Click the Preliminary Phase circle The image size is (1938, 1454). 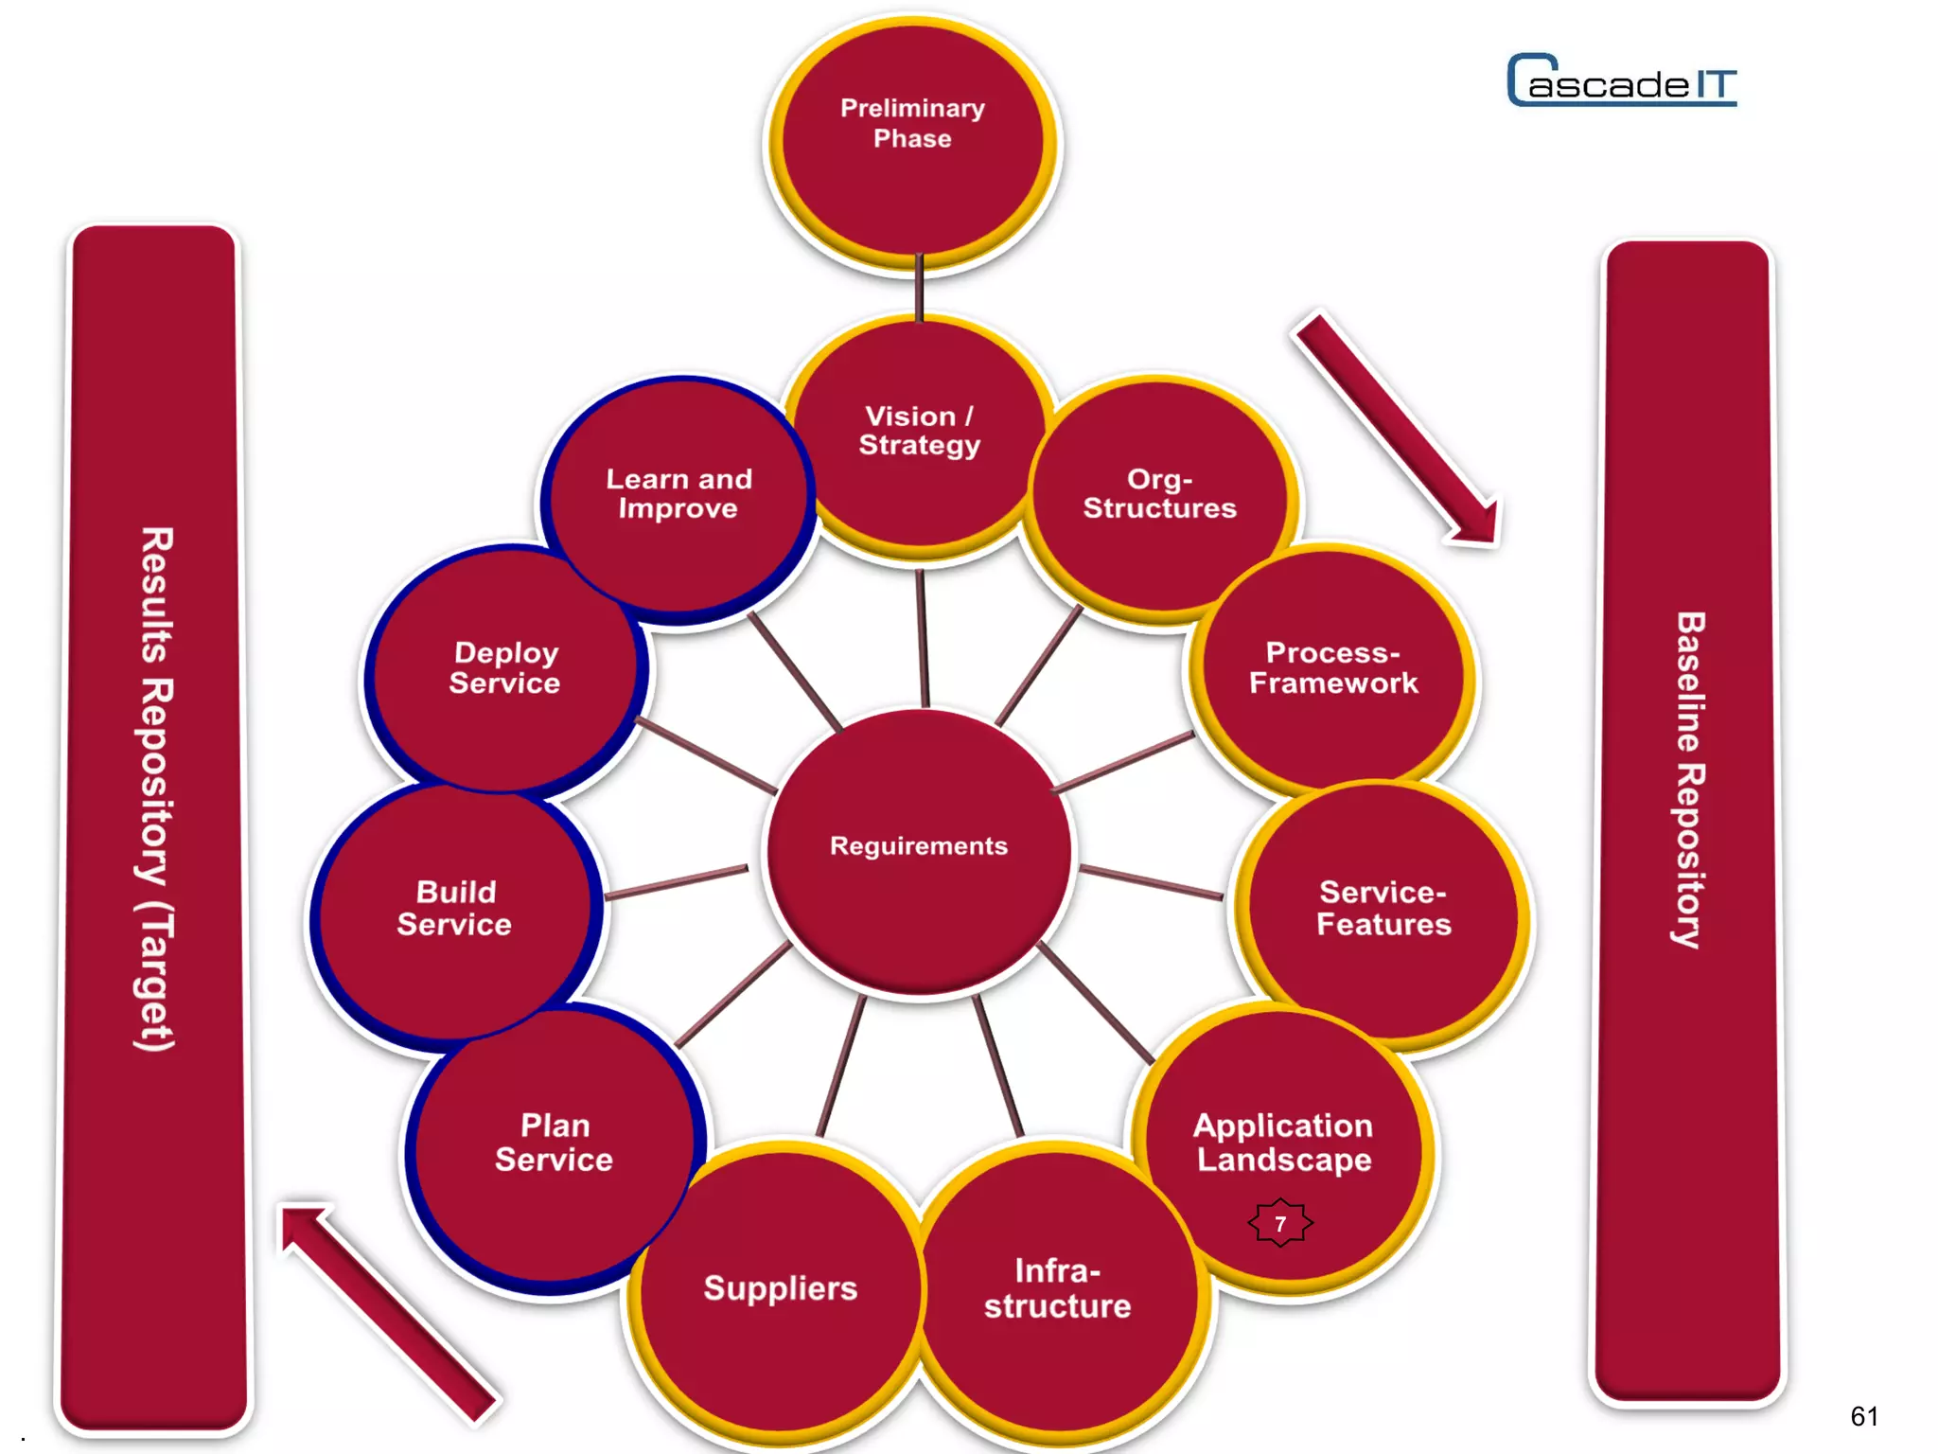click(x=912, y=142)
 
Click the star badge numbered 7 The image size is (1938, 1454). click(x=1280, y=1223)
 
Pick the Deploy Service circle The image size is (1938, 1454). click(x=504, y=668)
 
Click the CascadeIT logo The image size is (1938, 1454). click(x=1622, y=81)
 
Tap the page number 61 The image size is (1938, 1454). click(x=1863, y=1415)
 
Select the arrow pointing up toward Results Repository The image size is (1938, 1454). click(x=388, y=1311)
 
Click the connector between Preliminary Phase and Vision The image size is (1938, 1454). click(x=919, y=289)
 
